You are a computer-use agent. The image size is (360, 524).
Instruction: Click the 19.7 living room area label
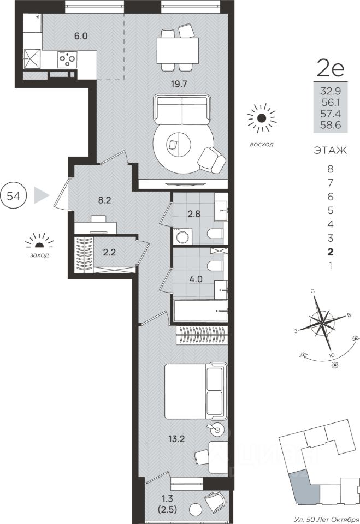pos(178,84)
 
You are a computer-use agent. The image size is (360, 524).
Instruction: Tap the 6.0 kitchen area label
pos(81,36)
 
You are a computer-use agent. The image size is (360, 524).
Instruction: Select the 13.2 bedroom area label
pos(177,438)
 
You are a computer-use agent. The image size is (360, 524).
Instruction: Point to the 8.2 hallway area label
pos(104,200)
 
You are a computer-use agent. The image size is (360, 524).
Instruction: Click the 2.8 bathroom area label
pos(194,213)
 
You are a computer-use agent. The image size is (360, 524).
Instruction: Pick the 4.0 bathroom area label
pos(196,279)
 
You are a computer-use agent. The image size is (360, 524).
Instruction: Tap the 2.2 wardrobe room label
pos(109,253)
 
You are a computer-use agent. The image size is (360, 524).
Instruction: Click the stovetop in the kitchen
pos(67,59)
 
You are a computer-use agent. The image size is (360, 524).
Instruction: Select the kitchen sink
pos(32,59)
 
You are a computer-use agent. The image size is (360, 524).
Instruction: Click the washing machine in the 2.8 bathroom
pos(182,237)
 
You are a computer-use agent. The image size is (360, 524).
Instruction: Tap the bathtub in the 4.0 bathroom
pos(200,311)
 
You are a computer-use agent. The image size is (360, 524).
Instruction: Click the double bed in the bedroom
pos(194,391)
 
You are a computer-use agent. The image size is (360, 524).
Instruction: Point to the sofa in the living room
pos(182,109)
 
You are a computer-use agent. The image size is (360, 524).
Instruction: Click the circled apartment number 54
pos(14,196)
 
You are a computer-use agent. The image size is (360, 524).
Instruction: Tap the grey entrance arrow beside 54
pos(40,195)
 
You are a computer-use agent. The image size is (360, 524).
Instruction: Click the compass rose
pos(322,323)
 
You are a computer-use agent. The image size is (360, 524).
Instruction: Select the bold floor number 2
pos(331,252)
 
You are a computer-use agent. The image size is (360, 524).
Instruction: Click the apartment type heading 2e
pos(330,69)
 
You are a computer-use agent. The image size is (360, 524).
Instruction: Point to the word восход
pos(261,144)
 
